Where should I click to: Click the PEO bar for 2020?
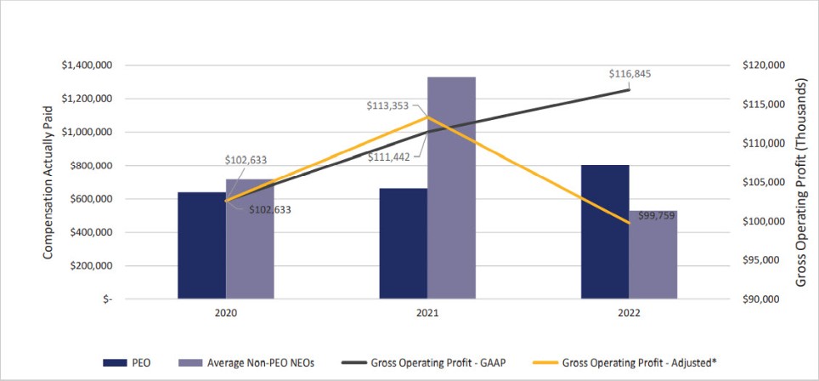(201, 246)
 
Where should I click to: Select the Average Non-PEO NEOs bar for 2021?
(451, 187)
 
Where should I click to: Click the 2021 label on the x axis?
(426, 312)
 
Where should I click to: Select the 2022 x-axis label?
(629, 312)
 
